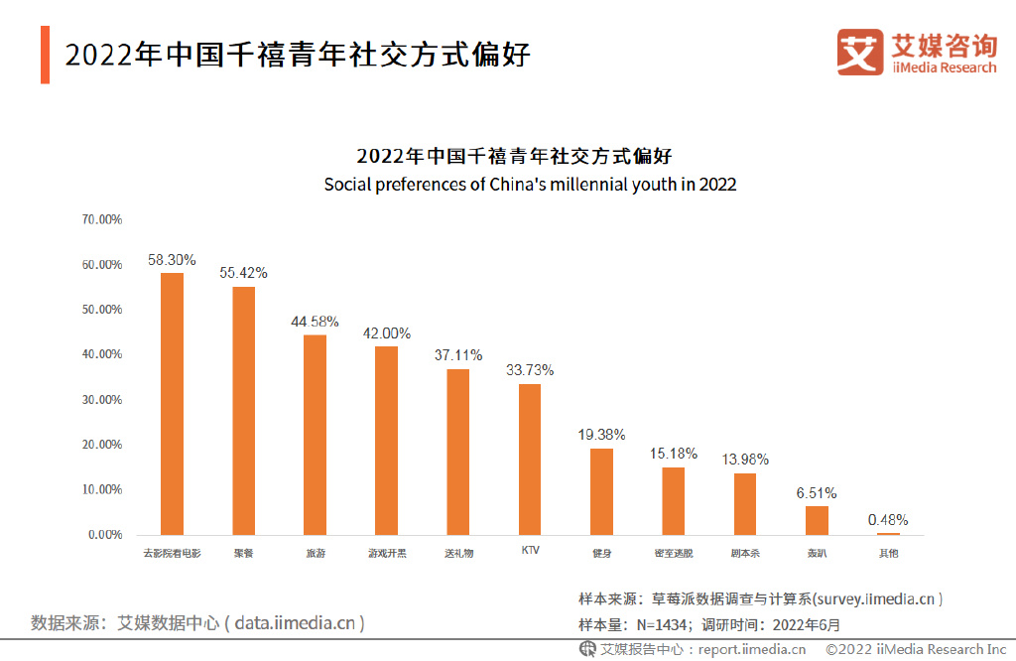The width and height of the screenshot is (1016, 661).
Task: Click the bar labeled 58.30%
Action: point(172,403)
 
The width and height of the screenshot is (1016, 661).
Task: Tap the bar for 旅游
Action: point(315,434)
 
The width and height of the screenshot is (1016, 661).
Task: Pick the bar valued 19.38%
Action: point(601,491)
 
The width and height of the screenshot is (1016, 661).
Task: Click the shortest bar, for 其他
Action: point(888,534)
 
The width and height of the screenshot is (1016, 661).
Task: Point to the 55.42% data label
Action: point(243,272)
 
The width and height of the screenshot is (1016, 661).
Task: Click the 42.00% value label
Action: point(386,333)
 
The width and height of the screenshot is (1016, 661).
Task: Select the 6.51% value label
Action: point(817,492)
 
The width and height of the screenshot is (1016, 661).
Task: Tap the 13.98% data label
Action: point(744,460)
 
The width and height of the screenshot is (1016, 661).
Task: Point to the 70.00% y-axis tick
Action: point(101,219)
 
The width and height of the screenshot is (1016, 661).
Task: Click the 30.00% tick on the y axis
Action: point(101,399)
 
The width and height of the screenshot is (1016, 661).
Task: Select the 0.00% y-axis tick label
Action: point(104,535)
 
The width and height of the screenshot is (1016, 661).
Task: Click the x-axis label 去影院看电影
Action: point(172,553)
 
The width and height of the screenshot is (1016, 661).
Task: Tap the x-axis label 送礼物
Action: point(458,553)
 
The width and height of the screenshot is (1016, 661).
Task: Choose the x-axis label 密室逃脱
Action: point(673,553)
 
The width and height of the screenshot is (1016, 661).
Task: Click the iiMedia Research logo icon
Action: point(859,52)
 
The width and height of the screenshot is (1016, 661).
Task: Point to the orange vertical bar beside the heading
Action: point(45,56)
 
